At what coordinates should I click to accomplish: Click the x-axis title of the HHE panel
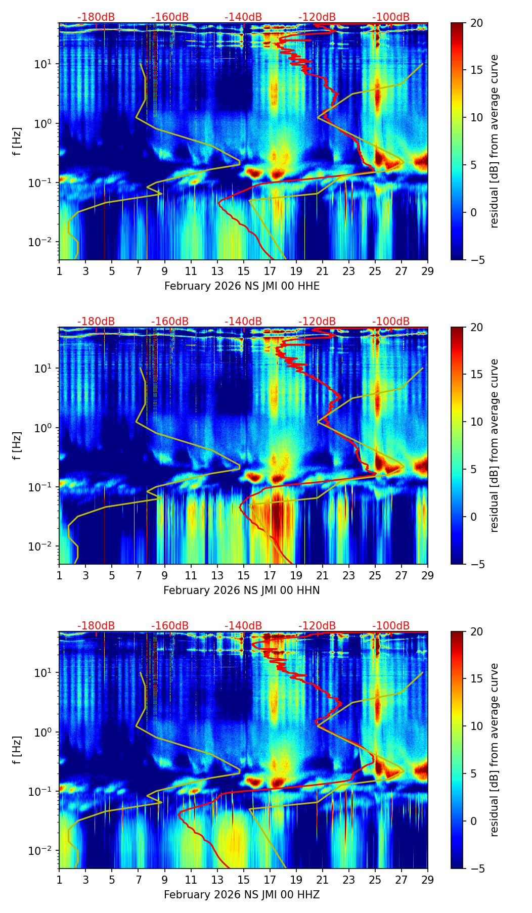pos(242,286)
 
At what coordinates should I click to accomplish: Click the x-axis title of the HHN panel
pos(241,590)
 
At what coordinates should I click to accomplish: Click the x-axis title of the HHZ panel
pos(242,895)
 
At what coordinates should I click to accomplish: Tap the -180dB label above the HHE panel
pos(96,17)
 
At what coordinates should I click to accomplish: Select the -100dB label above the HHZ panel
pos(391,626)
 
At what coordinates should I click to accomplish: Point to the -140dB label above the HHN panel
pos(243,322)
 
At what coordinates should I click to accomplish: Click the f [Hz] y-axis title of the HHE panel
pos(17,141)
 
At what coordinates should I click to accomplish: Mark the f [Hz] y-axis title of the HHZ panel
pos(17,750)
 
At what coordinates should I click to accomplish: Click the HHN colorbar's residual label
pos(495,445)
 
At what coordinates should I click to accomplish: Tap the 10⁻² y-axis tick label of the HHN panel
pos(43,546)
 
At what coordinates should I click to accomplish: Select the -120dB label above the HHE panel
pos(317,17)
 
